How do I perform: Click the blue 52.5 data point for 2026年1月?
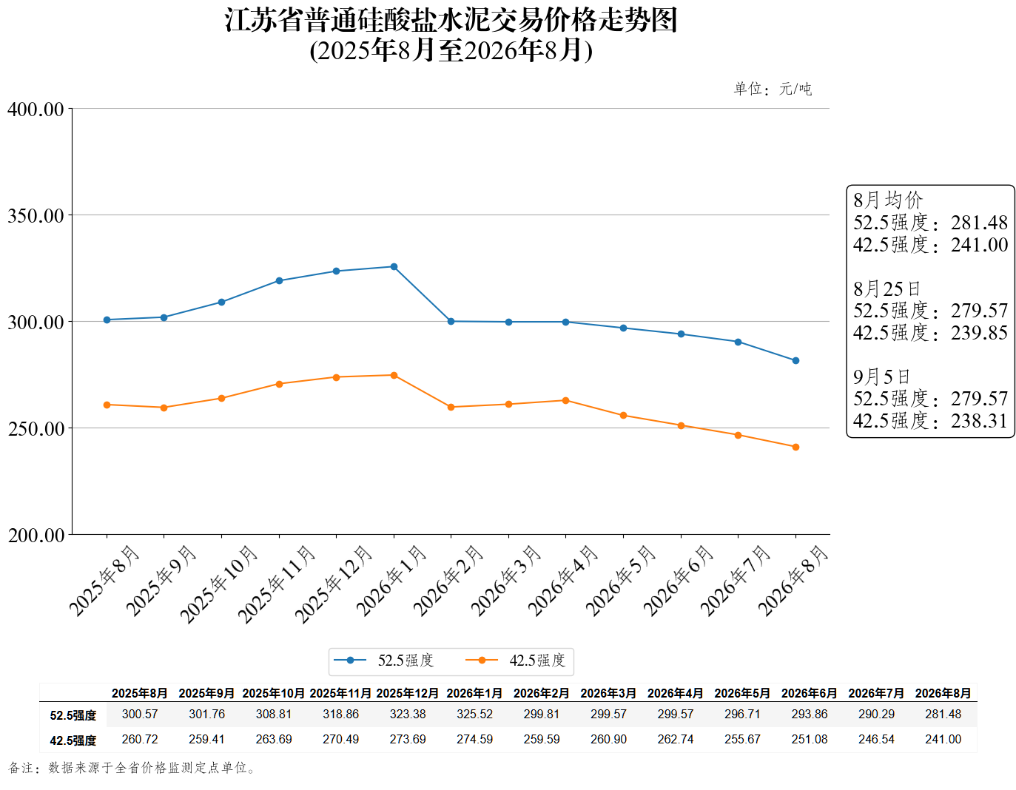pos(394,267)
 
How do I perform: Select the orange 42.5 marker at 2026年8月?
pos(795,447)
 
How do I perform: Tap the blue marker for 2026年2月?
pos(451,322)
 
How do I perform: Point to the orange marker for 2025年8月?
pos(107,405)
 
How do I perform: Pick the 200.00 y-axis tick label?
pos(36,536)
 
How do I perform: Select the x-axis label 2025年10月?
pos(219,584)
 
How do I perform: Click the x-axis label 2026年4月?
pos(563,581)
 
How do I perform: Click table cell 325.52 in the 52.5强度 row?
pos(474,714)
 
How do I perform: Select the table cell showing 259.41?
pos(206,739)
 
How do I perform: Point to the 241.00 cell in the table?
pos(943,739)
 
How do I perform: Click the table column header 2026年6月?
pos(809,693)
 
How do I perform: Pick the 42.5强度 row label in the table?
pos(73,740)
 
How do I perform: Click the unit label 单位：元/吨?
pos(773,89)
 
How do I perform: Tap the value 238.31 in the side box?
pos(979,421)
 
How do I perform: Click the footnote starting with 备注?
pos(132,768)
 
